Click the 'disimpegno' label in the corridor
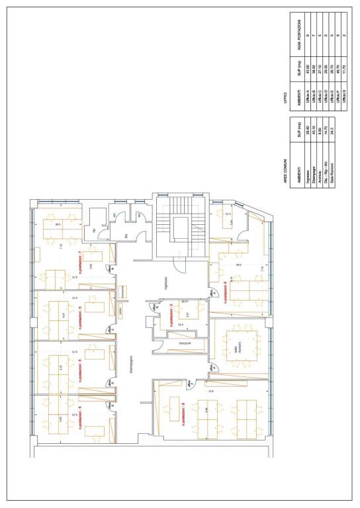(x=132, y=370)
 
